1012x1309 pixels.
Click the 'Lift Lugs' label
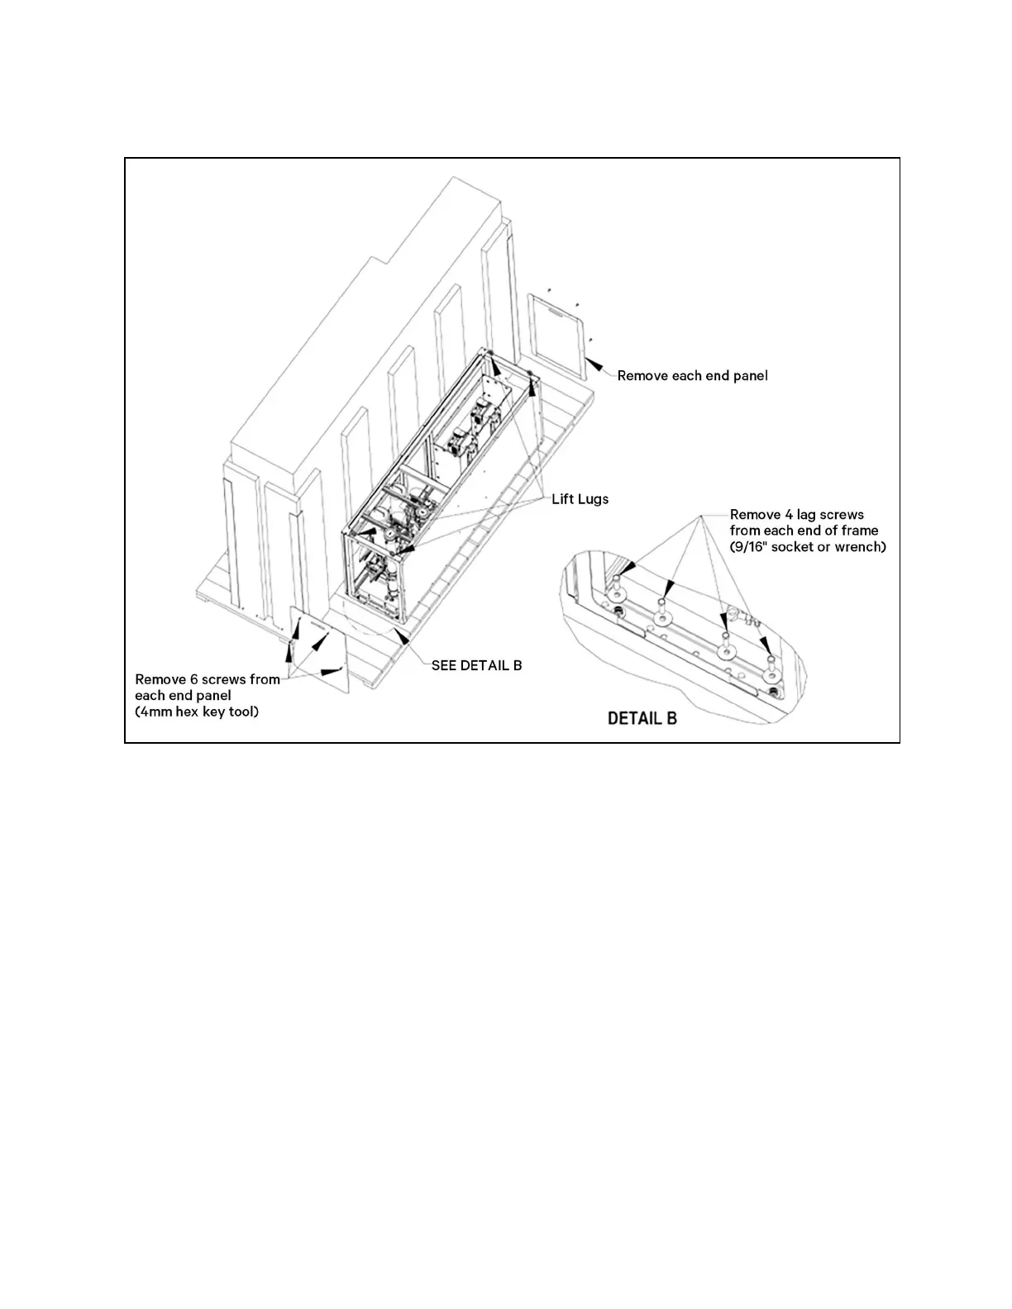pyautogui.click(x=580, y=499)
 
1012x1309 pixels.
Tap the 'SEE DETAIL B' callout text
pyautogui.click(x=476, y=665)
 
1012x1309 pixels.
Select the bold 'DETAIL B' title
pyautogui.click(x=642, y=718)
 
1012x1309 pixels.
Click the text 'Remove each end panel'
pyautogui.click(x=692, y=376)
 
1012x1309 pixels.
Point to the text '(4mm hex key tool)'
pyautogui.click(x=197, y=712)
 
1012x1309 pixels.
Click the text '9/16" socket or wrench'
pyautogui.click(x=808, y=547)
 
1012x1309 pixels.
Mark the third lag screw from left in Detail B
pyautogui.click(x=726, y=647)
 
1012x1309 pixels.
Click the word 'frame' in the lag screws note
pyautogui.click(x=860, y=531)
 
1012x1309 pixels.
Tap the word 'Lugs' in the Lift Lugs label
pyautogui.click(x=594, y=499)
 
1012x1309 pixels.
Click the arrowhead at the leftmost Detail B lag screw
pyautogui.click(x=629, y=568)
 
